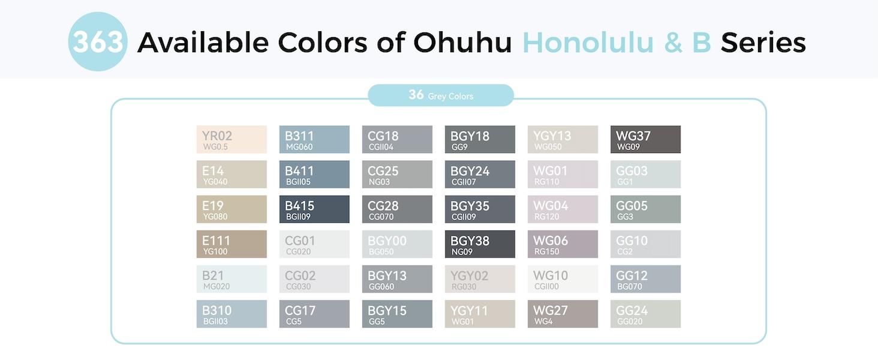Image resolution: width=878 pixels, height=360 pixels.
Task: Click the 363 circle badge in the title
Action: (98, 42)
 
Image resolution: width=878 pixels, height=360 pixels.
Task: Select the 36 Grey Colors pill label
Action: (441, 95)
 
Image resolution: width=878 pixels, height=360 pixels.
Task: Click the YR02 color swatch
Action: (231, 140)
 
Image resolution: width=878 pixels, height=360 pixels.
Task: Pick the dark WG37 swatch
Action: (645, 140)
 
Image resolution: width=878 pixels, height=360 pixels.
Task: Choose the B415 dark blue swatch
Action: (314, 209)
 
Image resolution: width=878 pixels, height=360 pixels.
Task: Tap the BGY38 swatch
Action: (480, 244)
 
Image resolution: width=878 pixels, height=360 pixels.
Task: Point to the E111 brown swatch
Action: (231, 244)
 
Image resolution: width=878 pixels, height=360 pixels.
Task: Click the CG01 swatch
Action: (314, 244)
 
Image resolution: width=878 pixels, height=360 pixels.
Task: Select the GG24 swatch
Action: (645, 314)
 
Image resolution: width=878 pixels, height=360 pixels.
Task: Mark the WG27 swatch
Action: (563, 314)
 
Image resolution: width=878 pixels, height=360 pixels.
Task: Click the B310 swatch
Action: (231, 314)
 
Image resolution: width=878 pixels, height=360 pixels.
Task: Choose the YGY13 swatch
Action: (563, 140)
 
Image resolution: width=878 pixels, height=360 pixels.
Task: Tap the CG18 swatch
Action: (397, 140)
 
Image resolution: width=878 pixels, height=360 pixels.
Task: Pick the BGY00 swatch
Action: (397, 244)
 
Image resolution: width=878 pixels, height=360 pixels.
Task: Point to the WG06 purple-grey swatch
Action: (563, 244)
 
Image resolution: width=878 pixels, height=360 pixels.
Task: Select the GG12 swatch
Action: (645, 279)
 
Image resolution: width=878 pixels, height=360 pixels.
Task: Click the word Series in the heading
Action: (763, 43)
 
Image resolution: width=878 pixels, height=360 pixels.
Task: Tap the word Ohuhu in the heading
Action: (462, 43)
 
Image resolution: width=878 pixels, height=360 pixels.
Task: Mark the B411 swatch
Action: (314, 175)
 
